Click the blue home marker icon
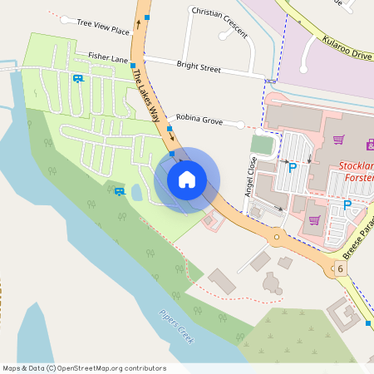187,179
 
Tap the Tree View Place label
103,27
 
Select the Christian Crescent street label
219,21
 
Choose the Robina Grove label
199,120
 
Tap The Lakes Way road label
145,94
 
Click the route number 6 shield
340,269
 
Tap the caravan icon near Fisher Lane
78,79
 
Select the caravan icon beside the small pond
120,191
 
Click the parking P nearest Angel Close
292,168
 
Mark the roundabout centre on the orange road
277,238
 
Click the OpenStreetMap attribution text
84,368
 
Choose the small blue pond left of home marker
136,194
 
